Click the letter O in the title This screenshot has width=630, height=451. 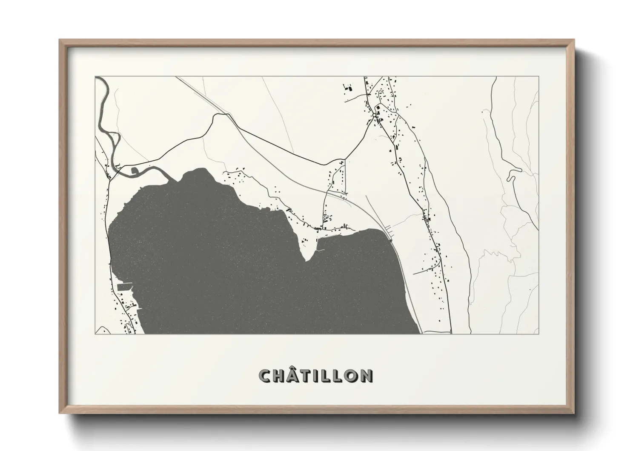[x=352, y=376]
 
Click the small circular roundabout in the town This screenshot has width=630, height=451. [x=374, y=115]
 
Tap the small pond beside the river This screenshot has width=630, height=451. [x=136, y=171]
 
